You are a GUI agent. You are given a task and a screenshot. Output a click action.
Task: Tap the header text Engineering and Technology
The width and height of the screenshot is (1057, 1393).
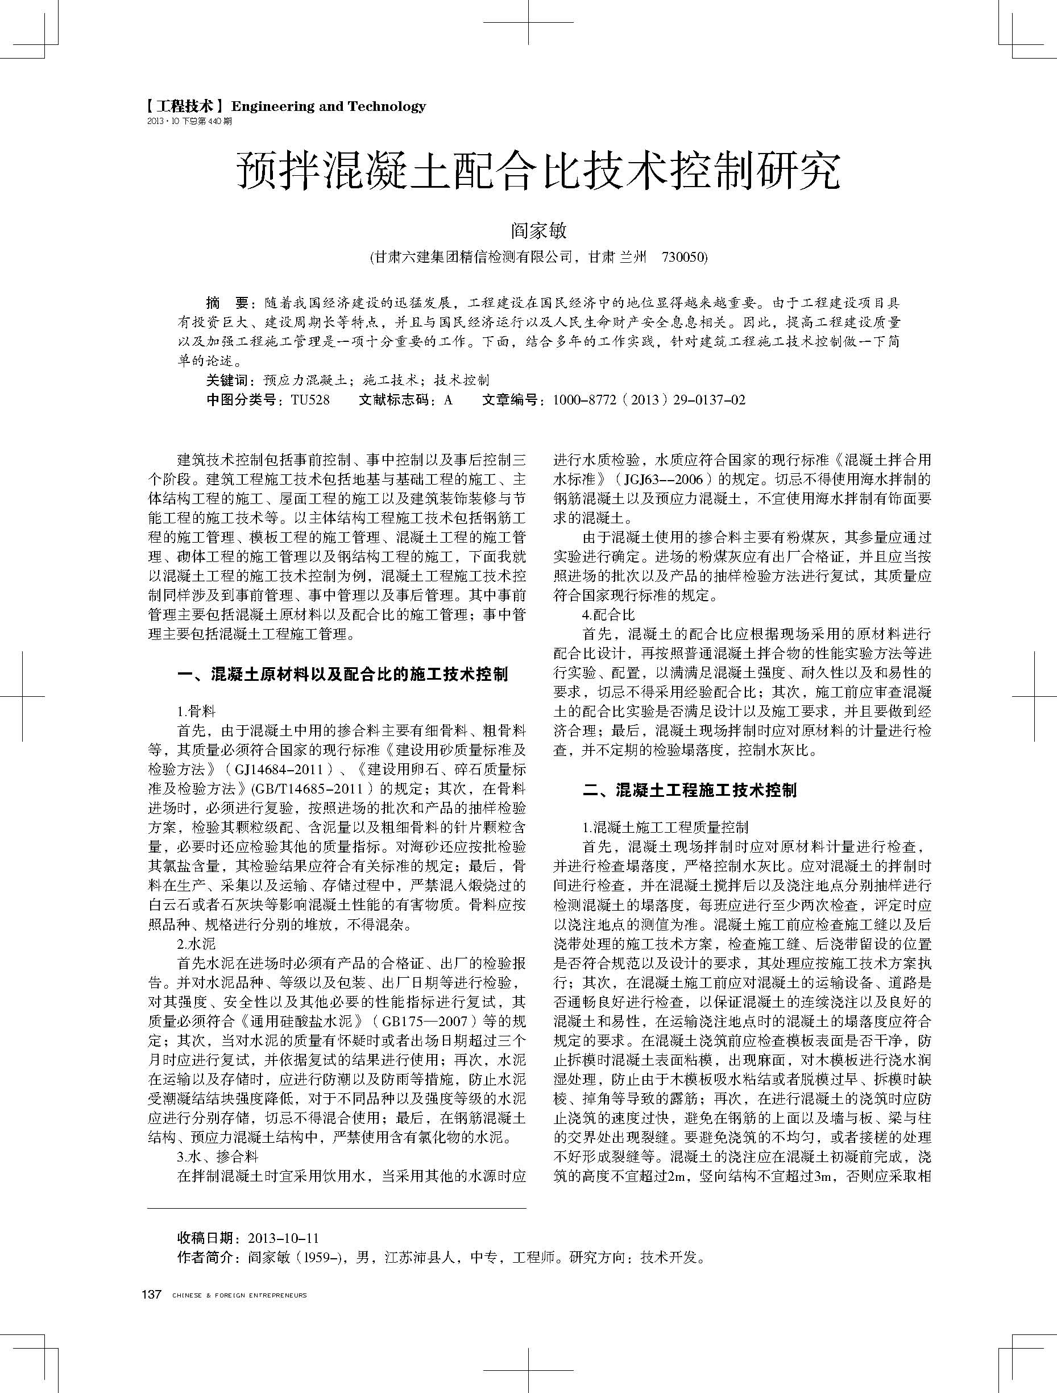point(329,106)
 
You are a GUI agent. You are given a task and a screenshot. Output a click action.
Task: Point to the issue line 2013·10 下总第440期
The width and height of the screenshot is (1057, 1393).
point(189,122)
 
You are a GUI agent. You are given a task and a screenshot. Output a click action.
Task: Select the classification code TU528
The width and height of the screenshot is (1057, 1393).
point(310,400)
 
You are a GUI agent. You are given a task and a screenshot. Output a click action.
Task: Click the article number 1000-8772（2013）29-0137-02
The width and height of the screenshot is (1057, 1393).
point(648,400)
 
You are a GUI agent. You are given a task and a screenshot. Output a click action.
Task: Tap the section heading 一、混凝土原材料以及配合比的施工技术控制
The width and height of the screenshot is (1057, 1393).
point(342,675)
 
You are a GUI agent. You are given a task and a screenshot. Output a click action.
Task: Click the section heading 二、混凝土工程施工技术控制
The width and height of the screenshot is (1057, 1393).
point(689,790)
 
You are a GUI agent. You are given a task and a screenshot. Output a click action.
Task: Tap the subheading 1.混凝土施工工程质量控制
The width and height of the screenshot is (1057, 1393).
point(665,828)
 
